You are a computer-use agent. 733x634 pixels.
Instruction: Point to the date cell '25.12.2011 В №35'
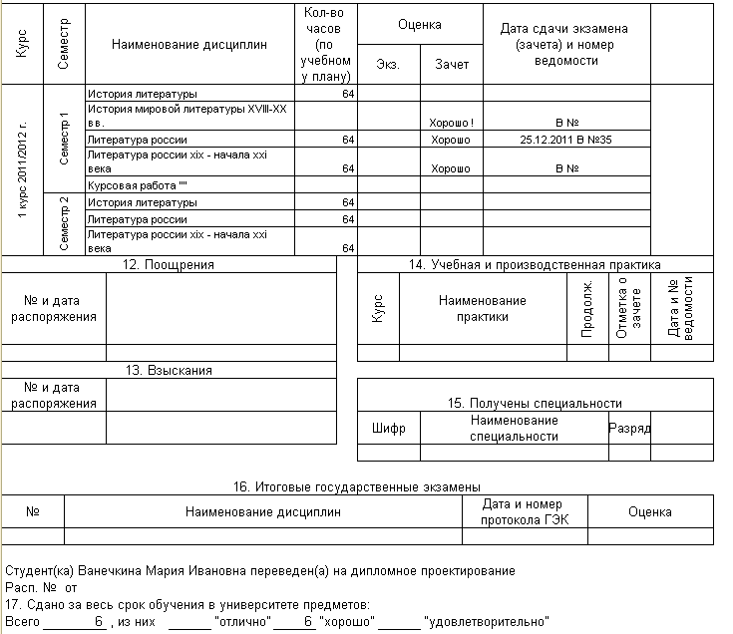point(565,140)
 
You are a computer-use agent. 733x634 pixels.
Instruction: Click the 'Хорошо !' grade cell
point(451,123)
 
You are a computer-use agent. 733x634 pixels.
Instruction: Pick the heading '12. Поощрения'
point(169,265)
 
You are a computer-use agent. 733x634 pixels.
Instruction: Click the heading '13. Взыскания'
point(169,371)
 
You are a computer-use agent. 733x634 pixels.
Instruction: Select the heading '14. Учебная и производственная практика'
point(536,265)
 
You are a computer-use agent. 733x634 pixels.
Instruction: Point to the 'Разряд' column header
point(629,429)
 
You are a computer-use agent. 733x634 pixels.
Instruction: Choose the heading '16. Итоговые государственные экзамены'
point(357,486)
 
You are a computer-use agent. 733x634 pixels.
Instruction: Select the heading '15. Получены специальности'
point(536,404)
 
